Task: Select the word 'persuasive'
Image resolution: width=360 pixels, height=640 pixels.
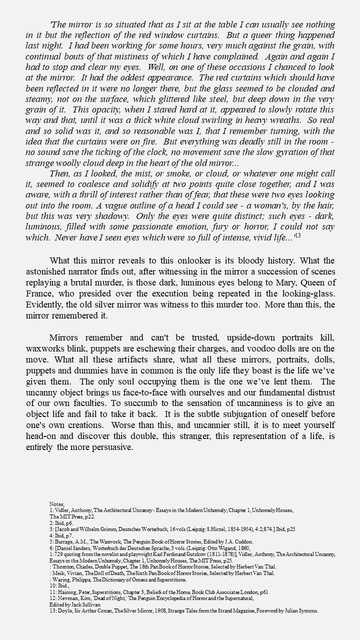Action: (x=109, y=447)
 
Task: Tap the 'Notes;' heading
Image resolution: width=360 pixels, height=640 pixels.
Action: (x=57, y=503)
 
